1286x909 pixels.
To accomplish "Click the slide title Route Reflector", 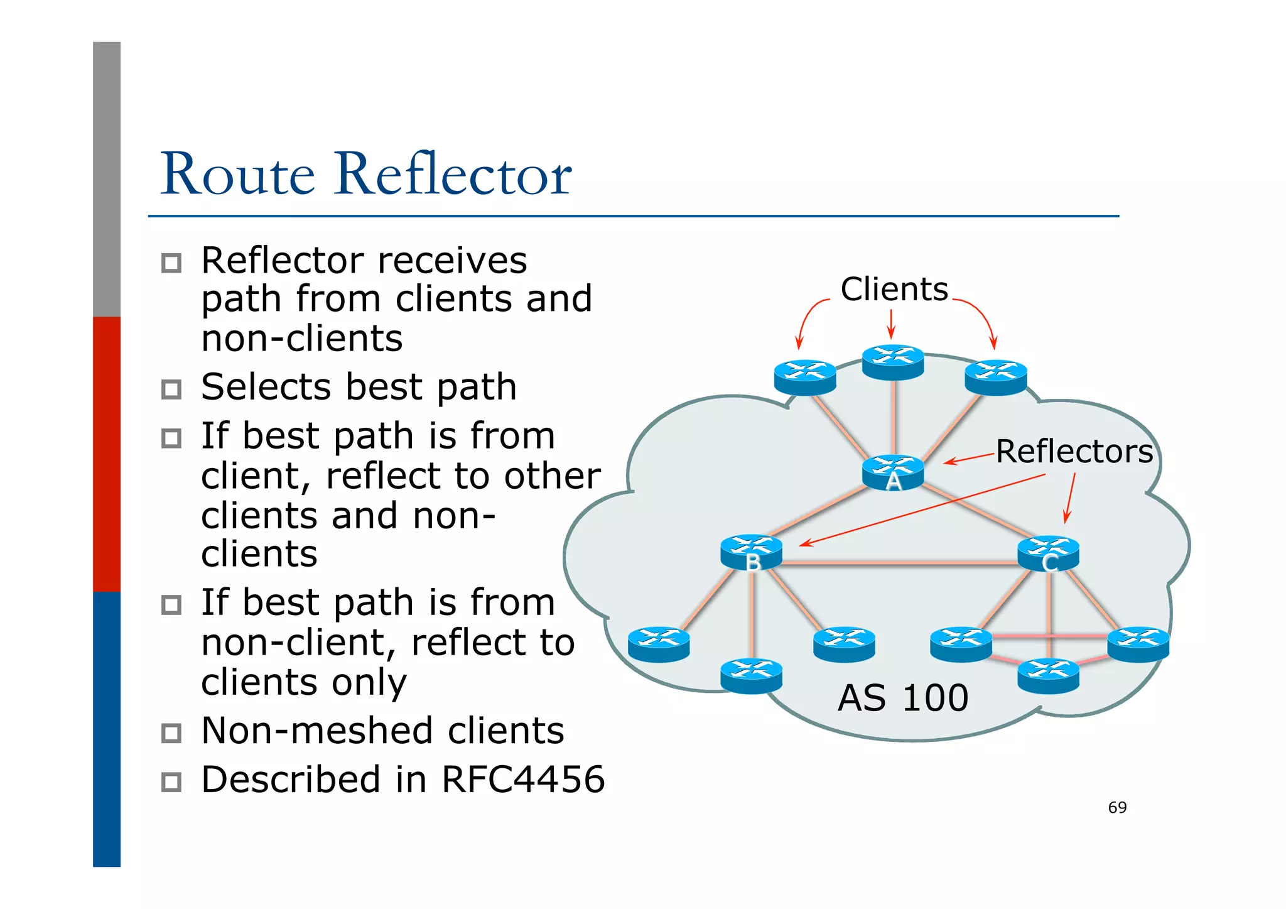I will [x=365, y=174].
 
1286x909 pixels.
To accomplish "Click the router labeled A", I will [x=892, y=472].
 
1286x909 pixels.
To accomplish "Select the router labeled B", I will [x=751, y=552].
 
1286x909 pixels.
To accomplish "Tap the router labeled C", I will [x=1048, y=553].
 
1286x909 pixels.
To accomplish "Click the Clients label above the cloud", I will [x=894, y=290].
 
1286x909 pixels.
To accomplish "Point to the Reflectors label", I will [x=1074, y=452].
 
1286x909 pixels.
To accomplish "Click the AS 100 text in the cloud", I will [x=903, y=698].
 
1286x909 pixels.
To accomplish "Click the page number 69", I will [x=1117, y=807].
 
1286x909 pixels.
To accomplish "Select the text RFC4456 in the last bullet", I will [x=523, y=780].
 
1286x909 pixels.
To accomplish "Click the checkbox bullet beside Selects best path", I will [x=171, y=389].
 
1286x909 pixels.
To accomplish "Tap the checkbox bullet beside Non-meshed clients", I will [x=171, y=733].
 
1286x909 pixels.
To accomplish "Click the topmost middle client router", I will [x=892, y=362].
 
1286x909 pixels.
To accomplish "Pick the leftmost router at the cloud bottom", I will [x=659, y=645].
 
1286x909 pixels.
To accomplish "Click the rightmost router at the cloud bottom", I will [x=1138, y=645].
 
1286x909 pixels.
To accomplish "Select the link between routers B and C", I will [x=899, y=563].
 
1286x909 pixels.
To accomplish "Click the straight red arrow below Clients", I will [x=890, y=324].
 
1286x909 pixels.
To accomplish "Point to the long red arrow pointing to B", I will [x=923, y=509].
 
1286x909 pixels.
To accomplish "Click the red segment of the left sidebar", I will [x=107, y=454].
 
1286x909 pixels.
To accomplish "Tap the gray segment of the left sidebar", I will [x=107, y=179].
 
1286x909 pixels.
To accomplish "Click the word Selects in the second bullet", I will [x=265, y=387].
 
